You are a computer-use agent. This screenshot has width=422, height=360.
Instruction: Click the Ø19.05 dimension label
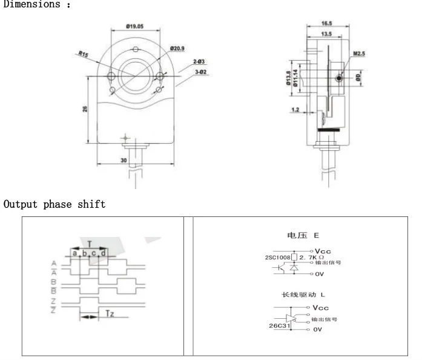(134, 27)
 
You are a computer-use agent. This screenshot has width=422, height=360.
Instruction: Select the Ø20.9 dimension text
(177, 48)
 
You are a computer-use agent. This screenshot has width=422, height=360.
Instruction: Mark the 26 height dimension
(85, 109)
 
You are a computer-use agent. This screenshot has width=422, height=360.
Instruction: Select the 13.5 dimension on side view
(326, 35)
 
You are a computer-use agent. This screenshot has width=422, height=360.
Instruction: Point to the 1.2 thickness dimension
(295, 110)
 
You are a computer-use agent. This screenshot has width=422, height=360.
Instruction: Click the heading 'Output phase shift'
(54, 204)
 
